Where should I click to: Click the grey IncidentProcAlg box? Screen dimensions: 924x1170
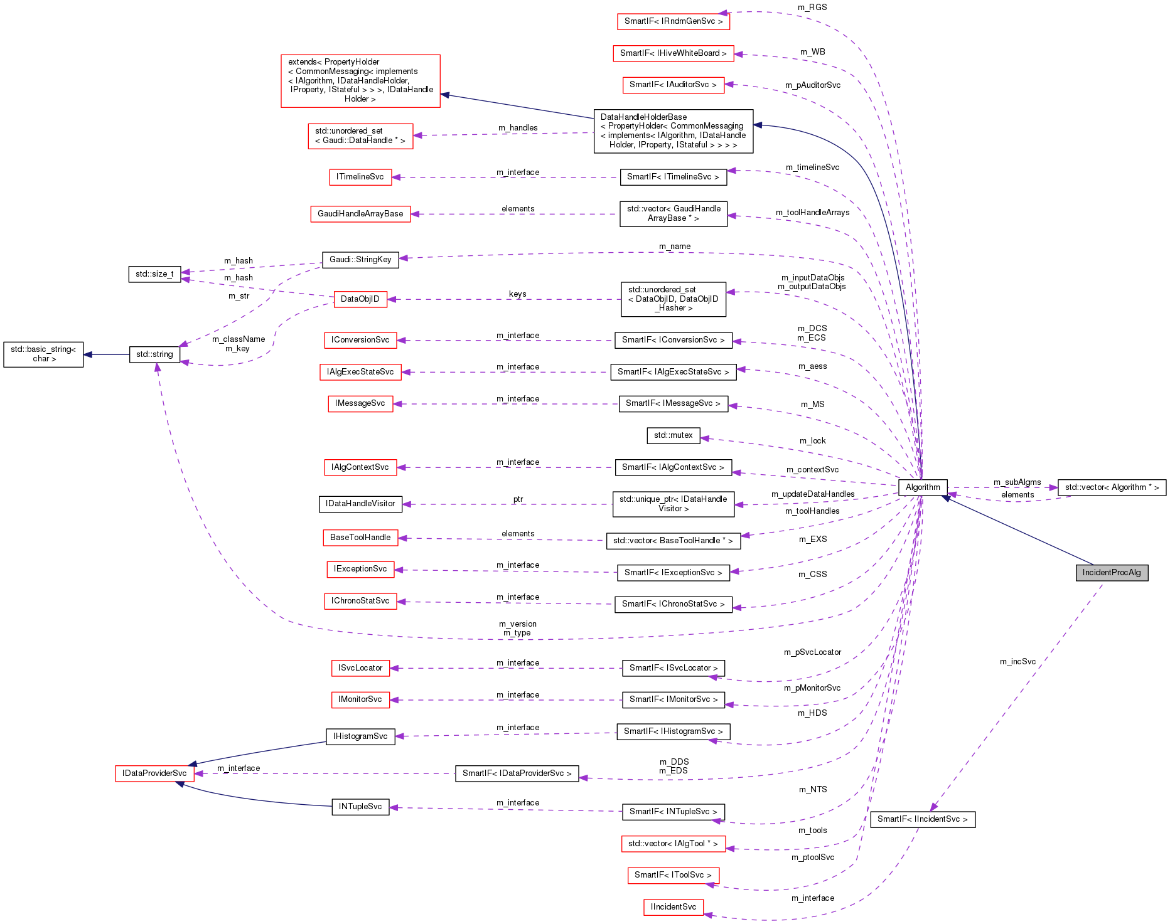tap(1112, 573)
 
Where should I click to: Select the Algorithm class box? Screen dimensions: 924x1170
tap(923, 487)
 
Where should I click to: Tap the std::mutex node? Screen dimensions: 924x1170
tap(673, 435)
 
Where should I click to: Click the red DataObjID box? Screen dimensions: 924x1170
tap(360, 299)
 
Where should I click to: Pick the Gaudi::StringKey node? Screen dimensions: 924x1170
tap(360, 260)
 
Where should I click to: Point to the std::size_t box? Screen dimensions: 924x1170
tap(154, 274)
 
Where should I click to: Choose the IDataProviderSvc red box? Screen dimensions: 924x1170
tap(154, 773)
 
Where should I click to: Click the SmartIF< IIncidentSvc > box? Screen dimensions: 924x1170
tap(922, 819)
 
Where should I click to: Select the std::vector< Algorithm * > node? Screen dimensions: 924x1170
tap(1112, 487)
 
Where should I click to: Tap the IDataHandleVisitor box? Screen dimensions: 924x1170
tap(360, 504)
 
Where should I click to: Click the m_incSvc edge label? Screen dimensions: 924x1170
tap(1017, 662)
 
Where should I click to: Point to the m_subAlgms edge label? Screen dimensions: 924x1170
tap(1017, 482)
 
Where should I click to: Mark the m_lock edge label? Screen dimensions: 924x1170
tap(812, 441)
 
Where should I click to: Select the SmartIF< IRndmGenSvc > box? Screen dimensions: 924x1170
tap(673, 21)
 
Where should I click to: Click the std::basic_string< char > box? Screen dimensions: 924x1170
tap(43, 354)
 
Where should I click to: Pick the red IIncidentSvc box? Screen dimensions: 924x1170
tap(673, 907)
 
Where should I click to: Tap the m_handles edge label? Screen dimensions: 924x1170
tap(518, 128)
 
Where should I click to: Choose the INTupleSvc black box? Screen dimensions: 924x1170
tap(360, 807)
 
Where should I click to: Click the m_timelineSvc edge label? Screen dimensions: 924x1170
tap(812, 167)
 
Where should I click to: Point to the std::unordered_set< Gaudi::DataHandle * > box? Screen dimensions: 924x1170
tap(360, 136)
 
